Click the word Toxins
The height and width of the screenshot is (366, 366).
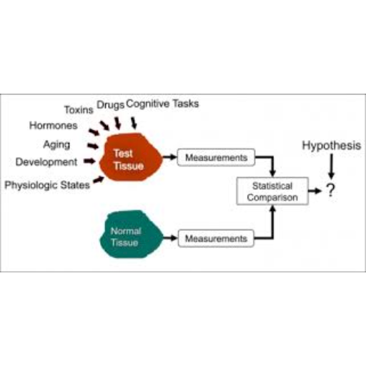[79, 110]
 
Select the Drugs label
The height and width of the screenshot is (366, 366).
[111, 105]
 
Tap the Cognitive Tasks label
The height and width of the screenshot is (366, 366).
[162, 104]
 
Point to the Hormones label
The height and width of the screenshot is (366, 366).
[54, 125]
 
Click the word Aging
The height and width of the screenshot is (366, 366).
[56, 144]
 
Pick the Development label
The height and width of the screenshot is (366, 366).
[46, 162]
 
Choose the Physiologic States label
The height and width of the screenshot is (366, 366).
[47, 185]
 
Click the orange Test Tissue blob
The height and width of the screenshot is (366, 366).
[131, 157]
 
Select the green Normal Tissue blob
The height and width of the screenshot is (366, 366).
[131, 234]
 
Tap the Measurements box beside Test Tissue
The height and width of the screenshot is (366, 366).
[216, 157]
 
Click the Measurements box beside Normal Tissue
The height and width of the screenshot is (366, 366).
[216, 238]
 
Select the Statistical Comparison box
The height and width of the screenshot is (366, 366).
[272, 191]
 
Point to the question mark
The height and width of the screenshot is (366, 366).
[331, 190]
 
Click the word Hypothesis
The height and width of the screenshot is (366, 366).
[332, 145]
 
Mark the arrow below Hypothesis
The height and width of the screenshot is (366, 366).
[332, 167]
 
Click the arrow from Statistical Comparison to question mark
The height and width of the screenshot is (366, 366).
[315, 191]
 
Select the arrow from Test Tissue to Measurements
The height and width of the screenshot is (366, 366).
[169, 157]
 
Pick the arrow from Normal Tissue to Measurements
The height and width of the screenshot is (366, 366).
[171, 238]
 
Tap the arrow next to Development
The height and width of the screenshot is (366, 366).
[89, 162]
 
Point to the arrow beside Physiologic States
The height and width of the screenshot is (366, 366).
[99, 179]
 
